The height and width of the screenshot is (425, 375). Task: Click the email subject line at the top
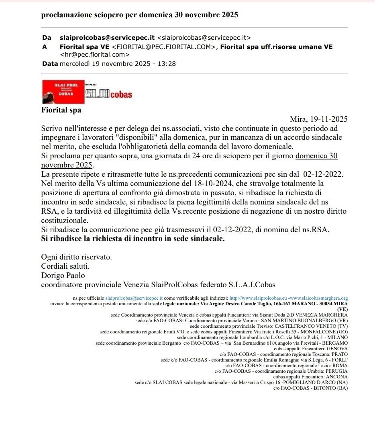tap(140, 15)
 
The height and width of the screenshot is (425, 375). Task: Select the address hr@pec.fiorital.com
tap(94, 55)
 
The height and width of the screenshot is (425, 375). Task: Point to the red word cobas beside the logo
tap(121, 95)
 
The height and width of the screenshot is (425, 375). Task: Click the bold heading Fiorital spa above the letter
tap(61, 110)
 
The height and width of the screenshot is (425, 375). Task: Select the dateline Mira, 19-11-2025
tap(318, 119)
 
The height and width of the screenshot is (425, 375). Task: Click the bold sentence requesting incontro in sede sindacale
tap(133, 239)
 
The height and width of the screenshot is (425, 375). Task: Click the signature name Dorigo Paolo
tap(63, 276)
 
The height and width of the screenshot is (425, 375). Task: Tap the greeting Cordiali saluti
tap(65, 266)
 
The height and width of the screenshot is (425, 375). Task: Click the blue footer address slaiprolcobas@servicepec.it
tap(134, 298)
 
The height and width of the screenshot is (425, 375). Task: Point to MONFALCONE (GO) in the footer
tap(325, 332)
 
